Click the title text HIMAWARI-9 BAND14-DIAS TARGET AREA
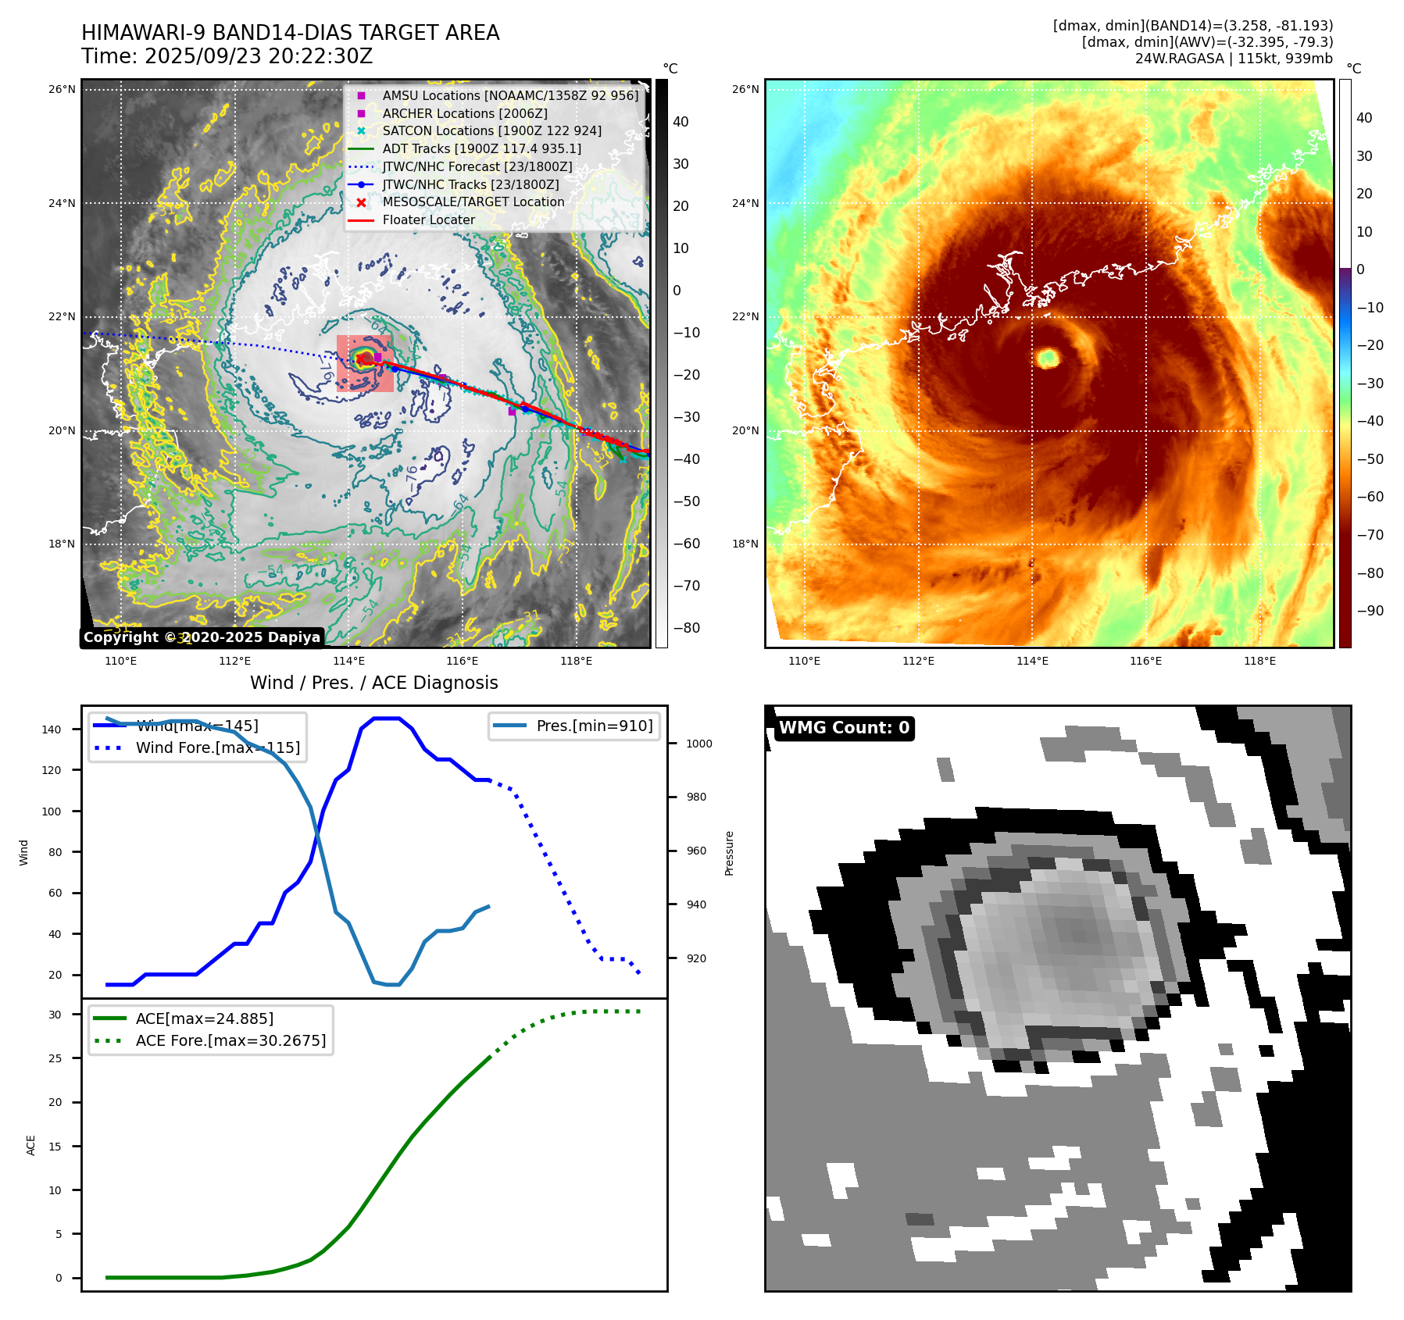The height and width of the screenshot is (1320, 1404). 290,33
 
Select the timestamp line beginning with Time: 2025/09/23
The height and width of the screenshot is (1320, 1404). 227,57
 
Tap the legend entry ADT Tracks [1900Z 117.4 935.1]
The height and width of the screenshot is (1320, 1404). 481,148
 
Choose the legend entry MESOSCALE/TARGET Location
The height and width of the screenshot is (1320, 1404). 473,202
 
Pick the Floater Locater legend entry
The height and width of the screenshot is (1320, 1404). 428,219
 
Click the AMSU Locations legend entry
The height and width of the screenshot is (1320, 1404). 509,95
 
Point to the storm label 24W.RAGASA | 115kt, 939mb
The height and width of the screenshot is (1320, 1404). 1234,59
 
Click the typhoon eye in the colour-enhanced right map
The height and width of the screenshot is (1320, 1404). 1048,358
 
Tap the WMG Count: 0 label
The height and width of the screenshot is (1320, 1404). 844,728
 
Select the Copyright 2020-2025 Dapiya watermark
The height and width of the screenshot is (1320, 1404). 202,637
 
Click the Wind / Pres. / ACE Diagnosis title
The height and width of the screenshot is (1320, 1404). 373,683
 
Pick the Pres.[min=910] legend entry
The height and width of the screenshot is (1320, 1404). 594,726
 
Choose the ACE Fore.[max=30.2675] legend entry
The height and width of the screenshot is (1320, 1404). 230,1040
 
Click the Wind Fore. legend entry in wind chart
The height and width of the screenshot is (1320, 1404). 217,747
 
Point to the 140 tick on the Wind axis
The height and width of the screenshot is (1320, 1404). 52,730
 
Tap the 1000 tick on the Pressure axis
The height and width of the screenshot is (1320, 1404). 698,744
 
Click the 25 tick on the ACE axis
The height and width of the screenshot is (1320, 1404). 55,1058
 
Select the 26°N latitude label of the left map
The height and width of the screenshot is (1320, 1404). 62,90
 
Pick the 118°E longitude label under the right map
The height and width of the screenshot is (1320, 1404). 1259,661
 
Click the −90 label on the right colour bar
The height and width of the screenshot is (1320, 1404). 1370,611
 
